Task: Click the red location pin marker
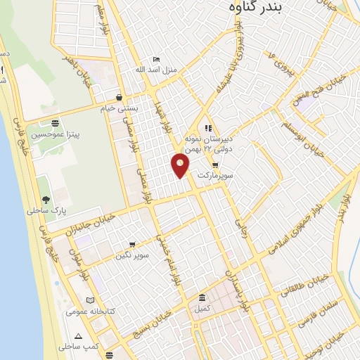click(x=181, y=166)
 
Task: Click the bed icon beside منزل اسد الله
click(x=156, y=60)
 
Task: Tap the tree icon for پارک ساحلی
click(x=46, y=181)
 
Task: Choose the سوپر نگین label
click(x=132, y=256)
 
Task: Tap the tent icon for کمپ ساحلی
click(x=78, y=336)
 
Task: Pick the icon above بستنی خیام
click(x=120, y=97)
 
